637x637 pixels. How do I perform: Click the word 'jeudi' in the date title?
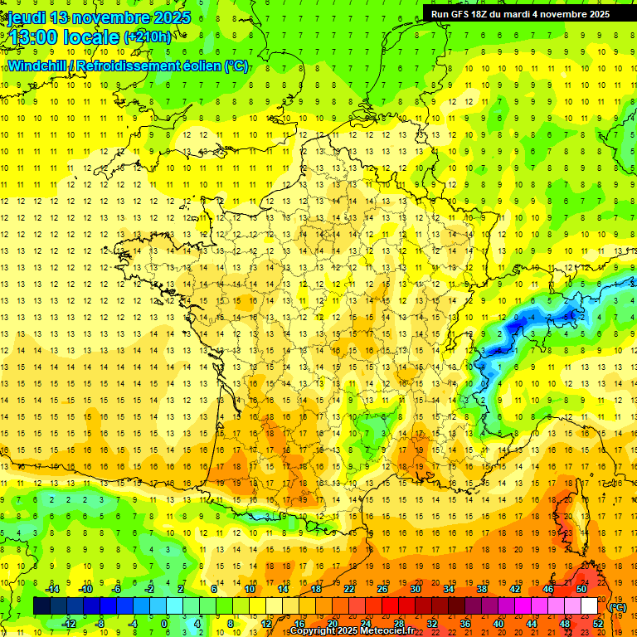pyautogui.click(x=26, y=17)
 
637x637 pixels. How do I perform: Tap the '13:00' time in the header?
pyautogui.click(x=32, y=36)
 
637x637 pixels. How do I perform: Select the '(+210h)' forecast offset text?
pyautogui.click(x=147, y=36)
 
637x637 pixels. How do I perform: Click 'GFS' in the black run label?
pyautogui.click(x=465, y=13)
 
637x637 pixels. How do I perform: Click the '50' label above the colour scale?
pyautogui.click(x=581, y=589)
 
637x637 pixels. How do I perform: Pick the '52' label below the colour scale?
pyautogui.click(x=597, y=623)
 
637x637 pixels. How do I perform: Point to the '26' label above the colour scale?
pyautogui.click(x=382, y=589)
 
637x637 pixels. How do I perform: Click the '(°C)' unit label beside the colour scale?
pyautogui.click(x=617, y=607)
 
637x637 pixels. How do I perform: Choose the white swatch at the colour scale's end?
pyautogui.click(x=589, y=606)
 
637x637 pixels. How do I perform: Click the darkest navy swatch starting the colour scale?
pyautogui.click(x=41, y=606)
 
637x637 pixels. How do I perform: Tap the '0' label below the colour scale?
pyautogui.click(x=163, y=623)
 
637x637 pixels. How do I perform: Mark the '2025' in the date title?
pyautogui.click(x=168, y=17)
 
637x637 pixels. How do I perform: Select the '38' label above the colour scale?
pyautogui.click(x=481, y=589)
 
